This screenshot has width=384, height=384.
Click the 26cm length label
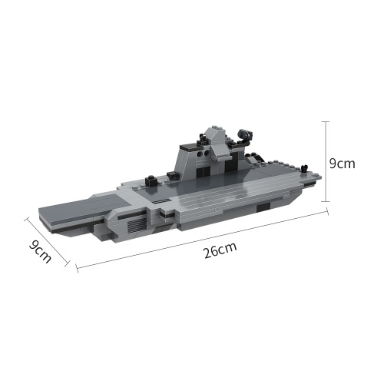click(220, 250)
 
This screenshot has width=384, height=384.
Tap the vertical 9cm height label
click(342, 164)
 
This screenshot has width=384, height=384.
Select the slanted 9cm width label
click(40, 251)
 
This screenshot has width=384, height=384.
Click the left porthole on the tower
click(200, 154)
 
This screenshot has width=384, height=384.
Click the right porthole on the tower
click(205, 153)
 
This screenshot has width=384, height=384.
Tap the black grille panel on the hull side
click(137, 225)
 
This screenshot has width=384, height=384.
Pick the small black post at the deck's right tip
click(304, 168)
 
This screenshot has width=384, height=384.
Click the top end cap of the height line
click(326, 121)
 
